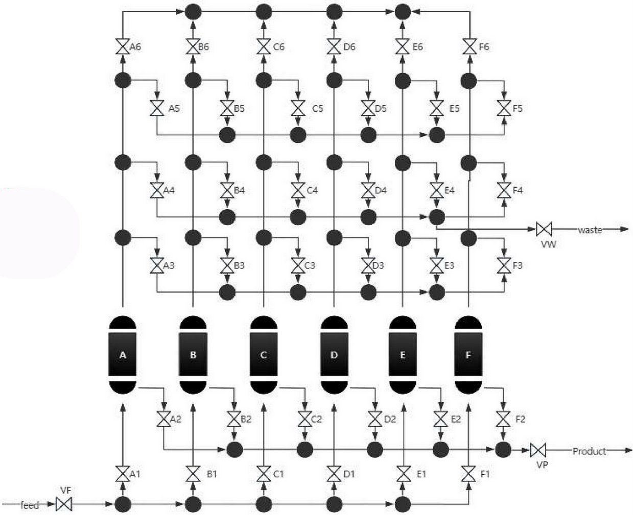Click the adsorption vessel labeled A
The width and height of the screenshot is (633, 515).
tap(123, 355)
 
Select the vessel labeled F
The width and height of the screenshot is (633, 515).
tap(468, 355)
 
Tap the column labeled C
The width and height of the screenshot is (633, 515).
tap(264, 355)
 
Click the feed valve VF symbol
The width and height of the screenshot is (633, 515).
tap(64, 505)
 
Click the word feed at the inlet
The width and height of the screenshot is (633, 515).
tap(30, 505)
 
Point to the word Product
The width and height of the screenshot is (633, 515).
tap(589, 451)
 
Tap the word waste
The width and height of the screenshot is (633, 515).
tap(590, 230)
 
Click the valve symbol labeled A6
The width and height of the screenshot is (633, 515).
tap(123, 47)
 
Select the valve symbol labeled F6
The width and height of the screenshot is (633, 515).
tap(469, 47)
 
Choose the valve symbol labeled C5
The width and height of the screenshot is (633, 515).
tap(297, 108)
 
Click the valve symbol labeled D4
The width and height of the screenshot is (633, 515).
tap(368, 190)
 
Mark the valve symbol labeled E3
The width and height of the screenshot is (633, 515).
tap(436, 265)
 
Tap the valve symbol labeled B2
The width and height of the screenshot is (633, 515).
tap(234, 420)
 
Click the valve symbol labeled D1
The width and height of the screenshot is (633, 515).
tap(334, 474)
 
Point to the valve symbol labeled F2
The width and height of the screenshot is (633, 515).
tap(503, 420)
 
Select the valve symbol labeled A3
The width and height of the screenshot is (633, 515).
tap(156, 265)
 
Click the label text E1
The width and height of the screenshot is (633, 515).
tap(421, 474)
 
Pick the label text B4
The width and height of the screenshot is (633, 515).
tap(239, 190)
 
